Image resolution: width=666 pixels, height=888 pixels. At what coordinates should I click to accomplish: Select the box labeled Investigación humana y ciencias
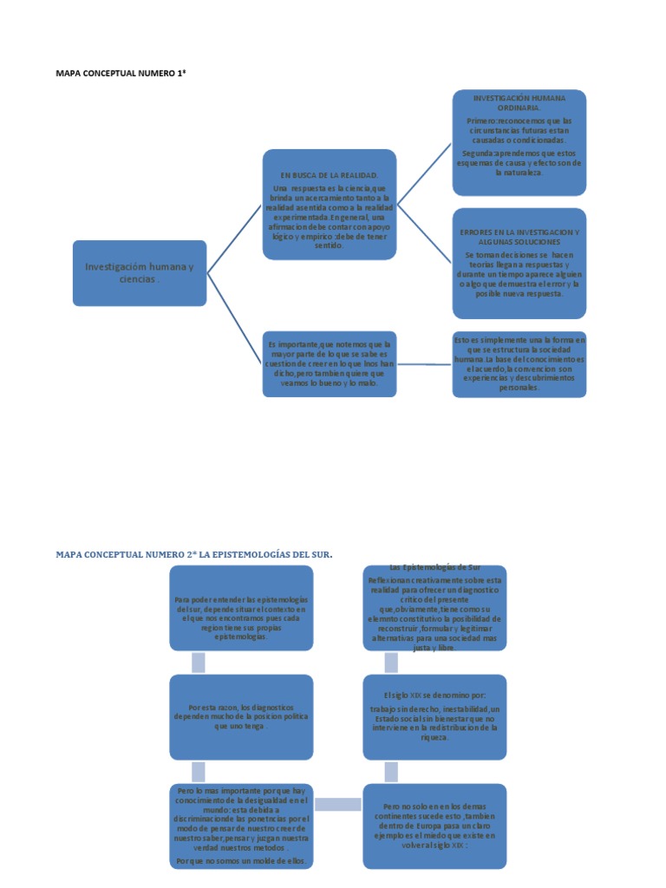140,272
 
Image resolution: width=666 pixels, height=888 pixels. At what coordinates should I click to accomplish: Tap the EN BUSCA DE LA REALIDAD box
330,205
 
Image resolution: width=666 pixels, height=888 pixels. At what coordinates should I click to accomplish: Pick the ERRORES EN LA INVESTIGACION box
519,264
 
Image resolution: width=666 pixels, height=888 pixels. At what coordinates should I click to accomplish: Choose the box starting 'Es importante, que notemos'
330,363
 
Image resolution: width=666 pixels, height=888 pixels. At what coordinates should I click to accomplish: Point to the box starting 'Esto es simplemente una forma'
519,363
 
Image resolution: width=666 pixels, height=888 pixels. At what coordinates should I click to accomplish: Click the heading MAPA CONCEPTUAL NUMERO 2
194,553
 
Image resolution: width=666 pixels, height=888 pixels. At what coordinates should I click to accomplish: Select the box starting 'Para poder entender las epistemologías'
241,607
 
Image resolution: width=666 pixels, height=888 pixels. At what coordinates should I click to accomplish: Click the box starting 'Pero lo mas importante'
241,826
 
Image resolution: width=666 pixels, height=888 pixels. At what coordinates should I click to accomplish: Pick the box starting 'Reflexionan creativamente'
434,609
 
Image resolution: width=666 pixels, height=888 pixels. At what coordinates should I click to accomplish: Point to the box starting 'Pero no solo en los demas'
434,826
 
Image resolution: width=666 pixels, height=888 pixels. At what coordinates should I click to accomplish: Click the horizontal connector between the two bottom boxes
337,805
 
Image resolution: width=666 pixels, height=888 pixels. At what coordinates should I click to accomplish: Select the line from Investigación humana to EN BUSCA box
235,238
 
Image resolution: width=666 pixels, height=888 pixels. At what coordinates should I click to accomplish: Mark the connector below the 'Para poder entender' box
199,663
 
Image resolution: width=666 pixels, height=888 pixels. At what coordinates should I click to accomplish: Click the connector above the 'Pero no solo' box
391,771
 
